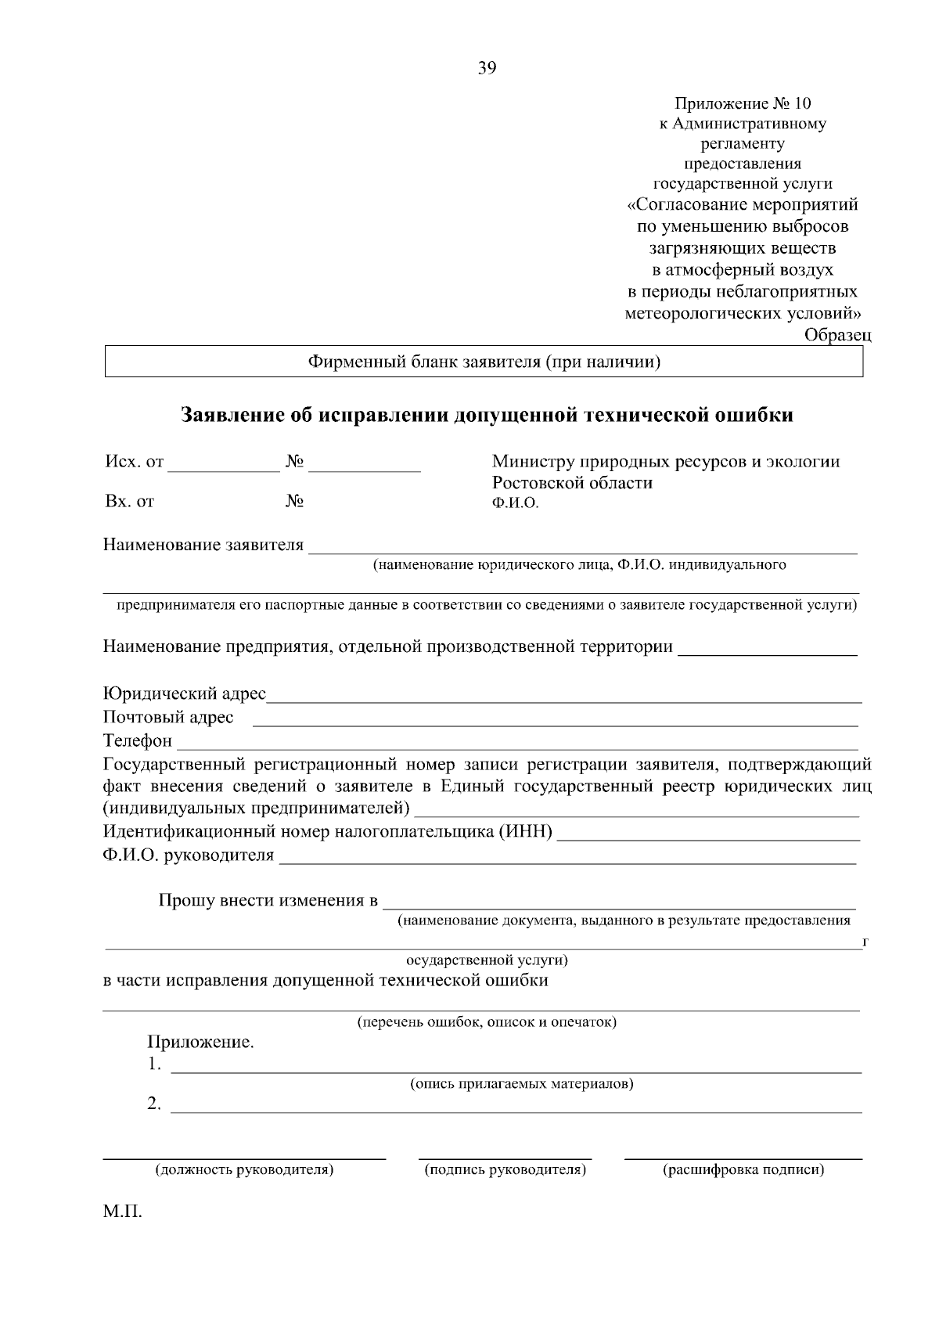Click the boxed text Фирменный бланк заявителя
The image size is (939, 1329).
[484, 362]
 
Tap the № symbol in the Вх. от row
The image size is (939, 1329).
[294, 501]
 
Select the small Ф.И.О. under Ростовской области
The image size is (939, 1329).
[515, 503]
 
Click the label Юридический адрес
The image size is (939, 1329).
[185, 693]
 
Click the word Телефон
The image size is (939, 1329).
[137, 740]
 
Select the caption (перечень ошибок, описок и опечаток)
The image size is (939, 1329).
[487, 1022]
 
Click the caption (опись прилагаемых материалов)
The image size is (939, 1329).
[522, 1084]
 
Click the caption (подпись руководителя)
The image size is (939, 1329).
[505, 1170]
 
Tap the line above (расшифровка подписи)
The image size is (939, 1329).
[743, 1157]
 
